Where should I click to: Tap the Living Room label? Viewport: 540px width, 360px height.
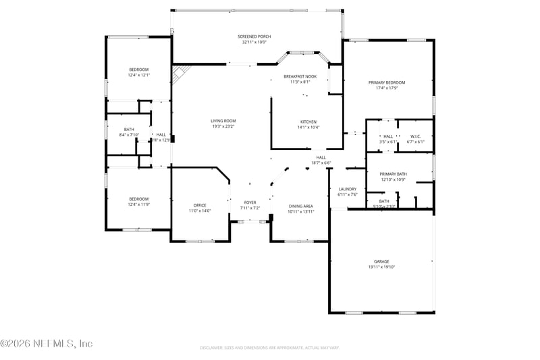coord(223,121)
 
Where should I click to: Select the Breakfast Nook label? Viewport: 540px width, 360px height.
coord(300,76)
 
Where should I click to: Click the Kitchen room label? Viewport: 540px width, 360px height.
coord(308,122)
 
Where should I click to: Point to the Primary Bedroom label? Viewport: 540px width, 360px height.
coord(391,82)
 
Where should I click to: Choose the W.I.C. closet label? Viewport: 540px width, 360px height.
coord(415,136)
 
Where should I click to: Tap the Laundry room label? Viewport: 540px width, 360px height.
coord(347,189)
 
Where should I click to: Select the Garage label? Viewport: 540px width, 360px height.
coord(382,261)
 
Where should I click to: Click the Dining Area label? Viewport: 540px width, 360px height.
coord(300,205)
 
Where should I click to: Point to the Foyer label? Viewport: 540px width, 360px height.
coord(250,203)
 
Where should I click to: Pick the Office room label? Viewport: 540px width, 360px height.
coord(200,205)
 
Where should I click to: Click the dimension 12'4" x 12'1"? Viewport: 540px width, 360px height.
coord(139,76)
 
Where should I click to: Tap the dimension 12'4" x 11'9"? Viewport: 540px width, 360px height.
coord(139,204)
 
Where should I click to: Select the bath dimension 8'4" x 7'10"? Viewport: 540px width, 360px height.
coord(129,135)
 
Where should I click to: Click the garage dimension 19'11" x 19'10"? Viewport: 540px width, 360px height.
coord(382,267)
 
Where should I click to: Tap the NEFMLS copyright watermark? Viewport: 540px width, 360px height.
coord(46,343)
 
